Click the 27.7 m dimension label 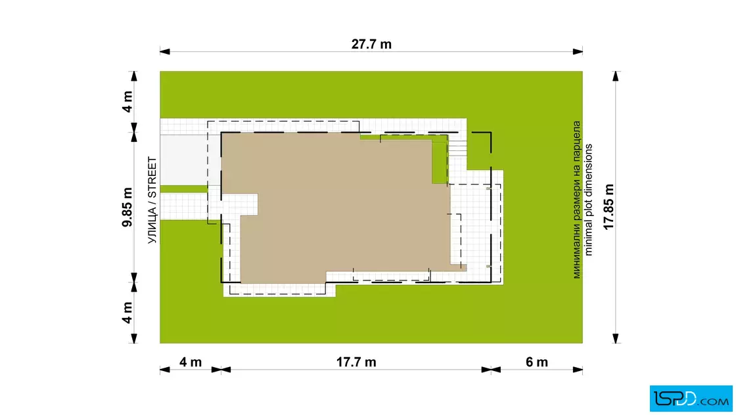(371, 44)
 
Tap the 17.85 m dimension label (609, 207)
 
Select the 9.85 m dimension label (127, 207)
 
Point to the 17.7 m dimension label (356, 362)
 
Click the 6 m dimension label (536, 362)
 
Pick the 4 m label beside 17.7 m (191, 362)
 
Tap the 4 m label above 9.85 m (127, 101)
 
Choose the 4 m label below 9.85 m (127, 313)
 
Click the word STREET (152, 177)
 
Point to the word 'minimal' (589, 238)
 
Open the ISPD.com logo (691, 399)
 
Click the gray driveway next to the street (183, 160)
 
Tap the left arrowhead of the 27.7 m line (165, 52)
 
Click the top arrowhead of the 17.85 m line (616, 76)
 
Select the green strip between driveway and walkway (183, 189)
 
